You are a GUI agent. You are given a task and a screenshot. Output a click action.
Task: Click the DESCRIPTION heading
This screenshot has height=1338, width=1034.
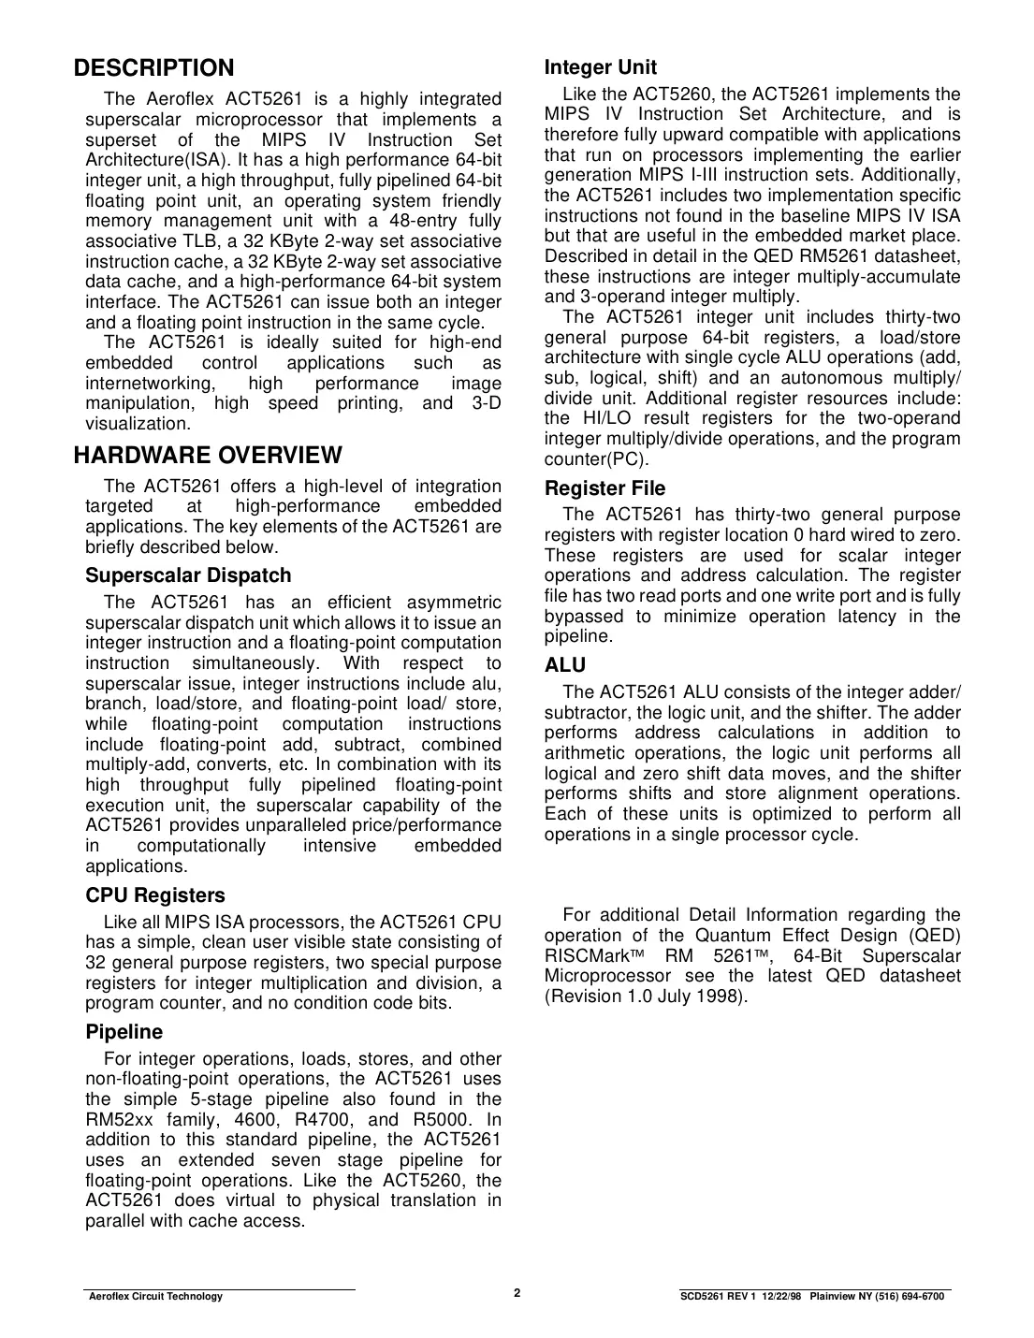[x=154, y=68]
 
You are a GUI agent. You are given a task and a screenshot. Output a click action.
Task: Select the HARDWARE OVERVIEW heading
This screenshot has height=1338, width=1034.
[x=208, y=456]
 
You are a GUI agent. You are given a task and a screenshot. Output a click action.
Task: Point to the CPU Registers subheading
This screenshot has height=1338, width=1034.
[x=155, y=895]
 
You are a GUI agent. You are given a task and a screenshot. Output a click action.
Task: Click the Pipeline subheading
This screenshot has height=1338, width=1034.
[x=124, y=1032]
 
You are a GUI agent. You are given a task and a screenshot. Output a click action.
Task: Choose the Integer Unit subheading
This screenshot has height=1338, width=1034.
[x=601, y=67]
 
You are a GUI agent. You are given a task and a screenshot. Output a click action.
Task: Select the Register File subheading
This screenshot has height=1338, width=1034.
[x=604, y=488]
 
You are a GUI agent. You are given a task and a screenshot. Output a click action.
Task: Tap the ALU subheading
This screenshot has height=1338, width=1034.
[x=565, y=665]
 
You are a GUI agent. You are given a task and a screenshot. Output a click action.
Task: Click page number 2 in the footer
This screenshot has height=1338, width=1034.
[x=517, y=1293]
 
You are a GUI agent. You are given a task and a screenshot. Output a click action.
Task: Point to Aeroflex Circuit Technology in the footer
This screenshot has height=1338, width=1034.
[x=154, y=1296]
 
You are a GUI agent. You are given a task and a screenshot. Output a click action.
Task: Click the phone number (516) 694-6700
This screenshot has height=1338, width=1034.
[x=909, y=1296]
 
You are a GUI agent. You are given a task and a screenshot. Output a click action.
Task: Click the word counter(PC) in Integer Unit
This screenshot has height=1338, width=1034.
[x=596, y=459]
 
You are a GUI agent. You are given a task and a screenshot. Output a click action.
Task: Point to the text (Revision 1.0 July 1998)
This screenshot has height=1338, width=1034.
[x=646, y=996]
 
